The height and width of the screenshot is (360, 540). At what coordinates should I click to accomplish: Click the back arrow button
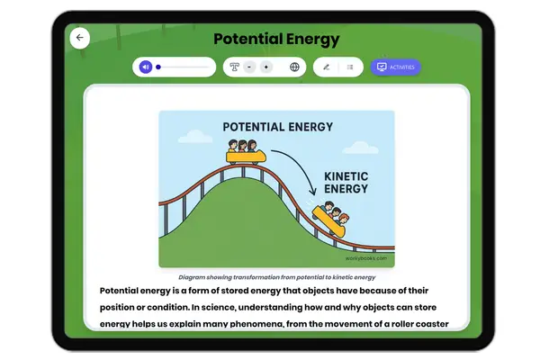point(79,38)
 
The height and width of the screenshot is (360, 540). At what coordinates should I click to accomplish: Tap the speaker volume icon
point(145,67)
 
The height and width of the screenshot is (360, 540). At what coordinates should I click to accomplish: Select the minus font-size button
point(248,67)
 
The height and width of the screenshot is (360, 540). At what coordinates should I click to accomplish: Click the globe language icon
point(294,67)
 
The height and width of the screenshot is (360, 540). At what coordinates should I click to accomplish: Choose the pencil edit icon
point(326,67)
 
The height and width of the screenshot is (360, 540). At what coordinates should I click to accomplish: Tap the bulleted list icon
point(350,67)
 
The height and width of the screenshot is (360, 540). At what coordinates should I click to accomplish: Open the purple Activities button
point(396,67)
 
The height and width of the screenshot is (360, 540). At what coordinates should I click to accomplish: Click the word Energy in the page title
point(310,39)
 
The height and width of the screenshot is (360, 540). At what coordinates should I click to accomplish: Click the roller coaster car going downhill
point(329,219)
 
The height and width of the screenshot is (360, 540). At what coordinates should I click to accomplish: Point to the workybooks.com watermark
point(367,258)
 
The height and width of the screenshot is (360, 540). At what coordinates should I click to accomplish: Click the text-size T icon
point(234,67)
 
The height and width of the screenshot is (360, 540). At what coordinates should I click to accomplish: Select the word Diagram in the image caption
point(193,277)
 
